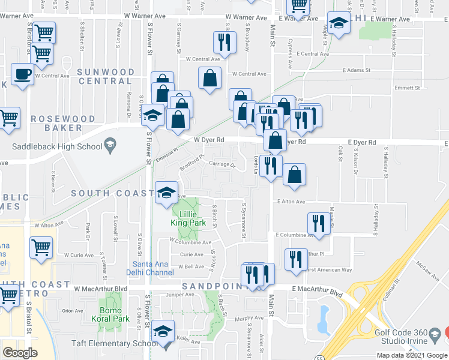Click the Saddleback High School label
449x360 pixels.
(57, 146)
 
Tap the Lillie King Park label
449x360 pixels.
(189, 217)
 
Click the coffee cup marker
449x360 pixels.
(23, 74)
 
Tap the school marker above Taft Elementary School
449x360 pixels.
(163, 331)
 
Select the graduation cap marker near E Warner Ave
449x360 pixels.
(339, 23)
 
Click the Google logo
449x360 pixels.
(20, 353)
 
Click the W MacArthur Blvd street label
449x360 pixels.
(101, 289)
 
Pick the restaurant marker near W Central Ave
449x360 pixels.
(224, 43)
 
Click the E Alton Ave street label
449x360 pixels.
(291, 202)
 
